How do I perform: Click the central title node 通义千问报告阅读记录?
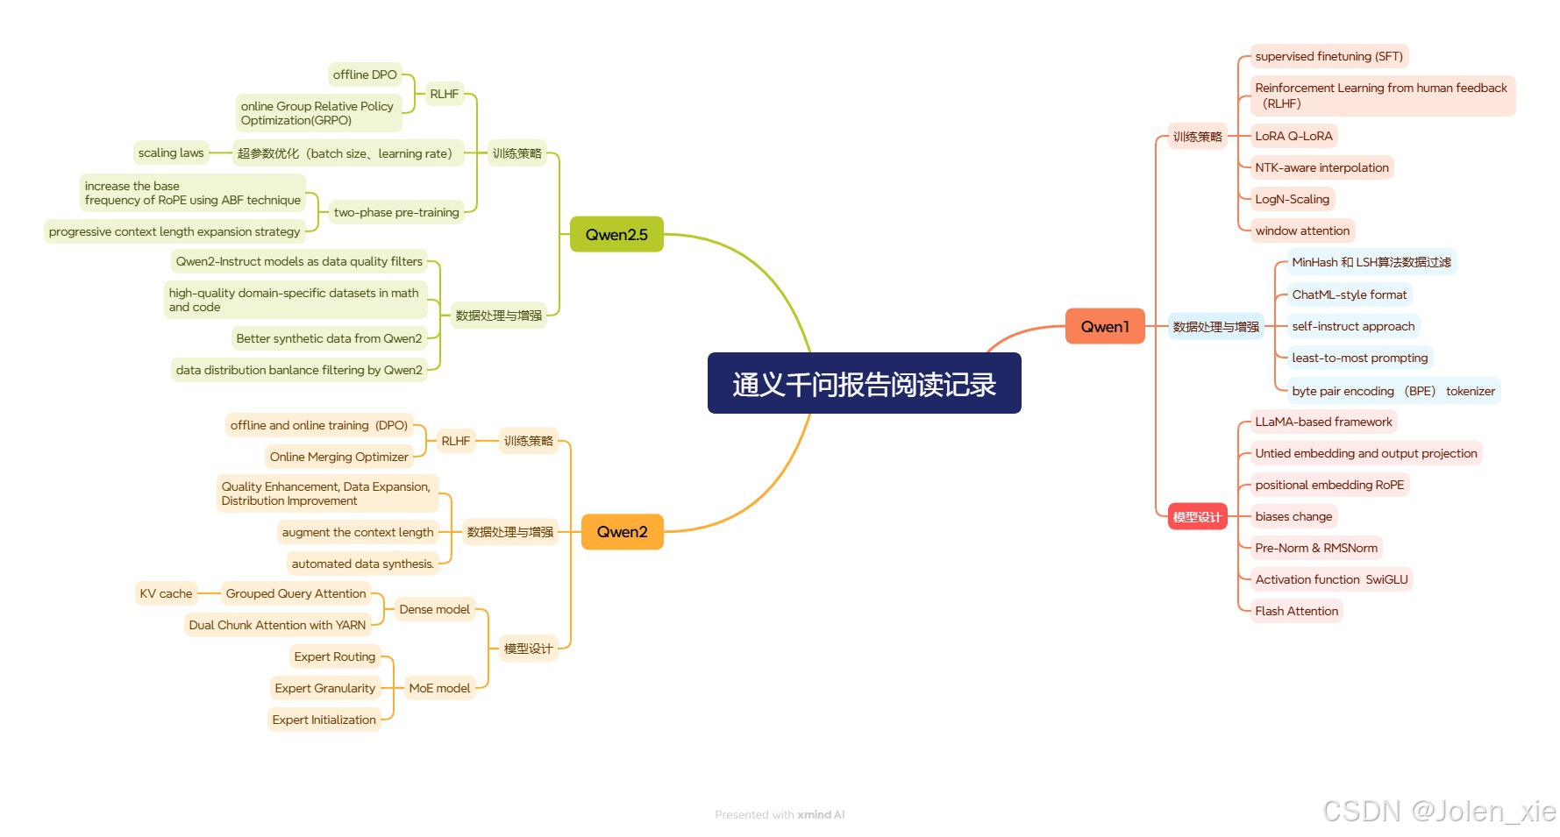864,383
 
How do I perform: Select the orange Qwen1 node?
1104,326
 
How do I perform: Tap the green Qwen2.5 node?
616,234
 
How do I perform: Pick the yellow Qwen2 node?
622,532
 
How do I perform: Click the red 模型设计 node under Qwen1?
1197,517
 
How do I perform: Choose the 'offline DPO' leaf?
365,74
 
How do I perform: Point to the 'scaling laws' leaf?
171,153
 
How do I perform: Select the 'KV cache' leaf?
166,593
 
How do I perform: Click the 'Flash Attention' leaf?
1296,611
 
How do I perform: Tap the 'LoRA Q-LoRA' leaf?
1293,136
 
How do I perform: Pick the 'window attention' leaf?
1302,231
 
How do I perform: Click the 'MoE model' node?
439,688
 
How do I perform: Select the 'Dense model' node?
434,609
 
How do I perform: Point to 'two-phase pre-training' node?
396,212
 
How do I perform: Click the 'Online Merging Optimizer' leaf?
339,457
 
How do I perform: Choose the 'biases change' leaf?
1293,516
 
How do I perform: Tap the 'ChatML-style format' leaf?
1349,294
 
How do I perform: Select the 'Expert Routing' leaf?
334,656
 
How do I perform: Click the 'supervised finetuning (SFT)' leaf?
1328,56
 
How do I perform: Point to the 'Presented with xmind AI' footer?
780,814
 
